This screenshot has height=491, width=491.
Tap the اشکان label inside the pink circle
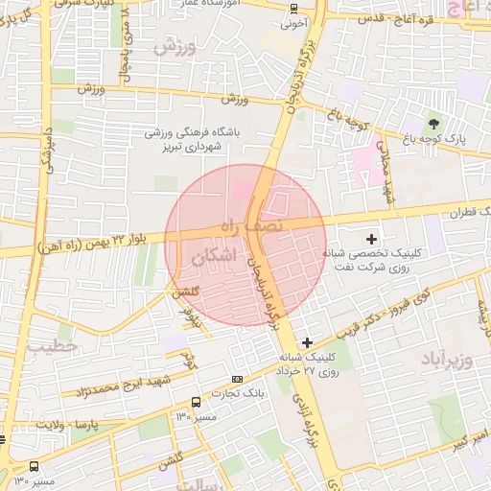pyautogui.click(x=213, y=258)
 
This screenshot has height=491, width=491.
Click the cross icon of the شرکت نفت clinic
pyautogui.click(x=372, y=238)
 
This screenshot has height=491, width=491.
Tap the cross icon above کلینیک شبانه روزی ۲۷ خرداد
pyautogui.click(x=307, y=341)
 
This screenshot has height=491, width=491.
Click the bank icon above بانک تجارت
pyautogui.click(x=238, y=379)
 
